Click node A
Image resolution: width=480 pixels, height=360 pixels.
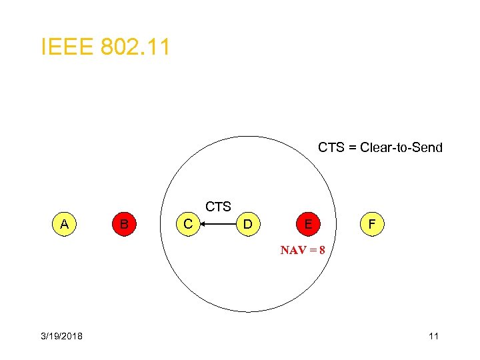63,225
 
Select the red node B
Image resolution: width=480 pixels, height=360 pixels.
124,225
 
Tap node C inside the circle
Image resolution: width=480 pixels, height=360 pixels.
189,225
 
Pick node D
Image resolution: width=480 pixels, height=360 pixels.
247,225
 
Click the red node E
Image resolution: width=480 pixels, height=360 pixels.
307,225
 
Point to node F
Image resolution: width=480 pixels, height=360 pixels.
371,225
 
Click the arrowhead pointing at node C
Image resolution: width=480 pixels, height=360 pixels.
205,225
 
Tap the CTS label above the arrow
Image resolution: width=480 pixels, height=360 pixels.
218,207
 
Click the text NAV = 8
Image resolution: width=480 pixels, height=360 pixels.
303,251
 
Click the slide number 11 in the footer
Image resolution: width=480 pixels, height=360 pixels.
433,336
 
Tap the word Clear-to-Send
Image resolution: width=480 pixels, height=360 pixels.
401,147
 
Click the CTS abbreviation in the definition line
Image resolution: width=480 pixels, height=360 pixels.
331,147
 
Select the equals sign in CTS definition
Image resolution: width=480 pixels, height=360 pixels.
353,147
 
